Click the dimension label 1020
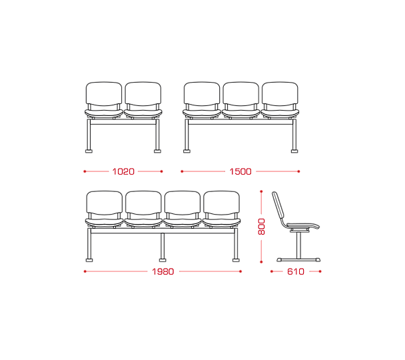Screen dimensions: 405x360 coord(123,171)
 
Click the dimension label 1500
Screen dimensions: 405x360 coord(240,171)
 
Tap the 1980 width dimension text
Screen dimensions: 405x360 coord(163,271)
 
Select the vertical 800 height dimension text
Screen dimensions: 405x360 coord(262,227)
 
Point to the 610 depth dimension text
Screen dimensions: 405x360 coord(296,271)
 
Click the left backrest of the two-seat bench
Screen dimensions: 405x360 coord(104,94)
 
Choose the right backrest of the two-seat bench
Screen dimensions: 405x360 coord(143,94)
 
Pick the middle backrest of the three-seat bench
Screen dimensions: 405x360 coord(241,94)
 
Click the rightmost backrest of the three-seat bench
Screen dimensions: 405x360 coord(280,94)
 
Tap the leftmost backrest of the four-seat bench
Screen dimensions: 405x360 coord(105,203)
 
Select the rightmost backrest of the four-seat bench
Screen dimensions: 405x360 coord(221,203)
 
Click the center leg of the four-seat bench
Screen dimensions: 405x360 coord(163,247)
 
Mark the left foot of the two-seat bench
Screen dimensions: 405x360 coord(89,151)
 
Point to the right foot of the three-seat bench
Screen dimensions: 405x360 coord(294,151)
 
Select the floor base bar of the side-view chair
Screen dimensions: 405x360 coord(298,259)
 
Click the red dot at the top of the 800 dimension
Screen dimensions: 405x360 coord(261,191)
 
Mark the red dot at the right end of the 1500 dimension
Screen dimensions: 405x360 coord(299,171)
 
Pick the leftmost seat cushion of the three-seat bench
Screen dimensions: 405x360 coord(202,113)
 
